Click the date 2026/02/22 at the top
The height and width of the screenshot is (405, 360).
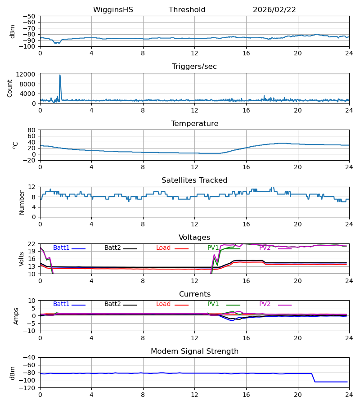pyautogui.click(x=274, y=10)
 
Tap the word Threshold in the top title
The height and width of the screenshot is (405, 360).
pyautogui.click(x=187, y=10)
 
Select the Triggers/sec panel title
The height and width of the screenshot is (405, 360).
pyautogui.click(x=194, y=67)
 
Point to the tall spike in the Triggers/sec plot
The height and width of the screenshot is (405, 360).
pyautogui.click(x=60, y=76)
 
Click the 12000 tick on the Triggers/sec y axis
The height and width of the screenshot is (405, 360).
pyautogui.click(x=27, y=74)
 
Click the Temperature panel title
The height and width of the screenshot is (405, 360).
pyautogui.click(x=194, y=124)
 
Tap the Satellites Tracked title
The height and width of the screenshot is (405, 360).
pyautogui.click(x=194, y=180)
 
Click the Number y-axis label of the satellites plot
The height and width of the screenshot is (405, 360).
pyautogui.click(x=22, y=202)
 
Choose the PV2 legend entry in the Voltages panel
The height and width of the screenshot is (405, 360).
pyautogui.click(x=265, y=248)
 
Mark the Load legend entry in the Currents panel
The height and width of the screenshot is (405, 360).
pyautogui.click(x=164, y=304)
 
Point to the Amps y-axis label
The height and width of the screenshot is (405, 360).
pyautogui.click(x=16, y=316)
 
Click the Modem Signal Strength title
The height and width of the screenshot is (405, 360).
pyautogui.click(x=194, y=351)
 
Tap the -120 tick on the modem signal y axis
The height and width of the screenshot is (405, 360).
pyautogui.click(x=28, y=387)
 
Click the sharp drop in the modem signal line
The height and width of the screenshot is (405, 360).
pyautogui.click(x=314, y=378)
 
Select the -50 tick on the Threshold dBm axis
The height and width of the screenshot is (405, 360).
pyautogui.click(x=30, y=16)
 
